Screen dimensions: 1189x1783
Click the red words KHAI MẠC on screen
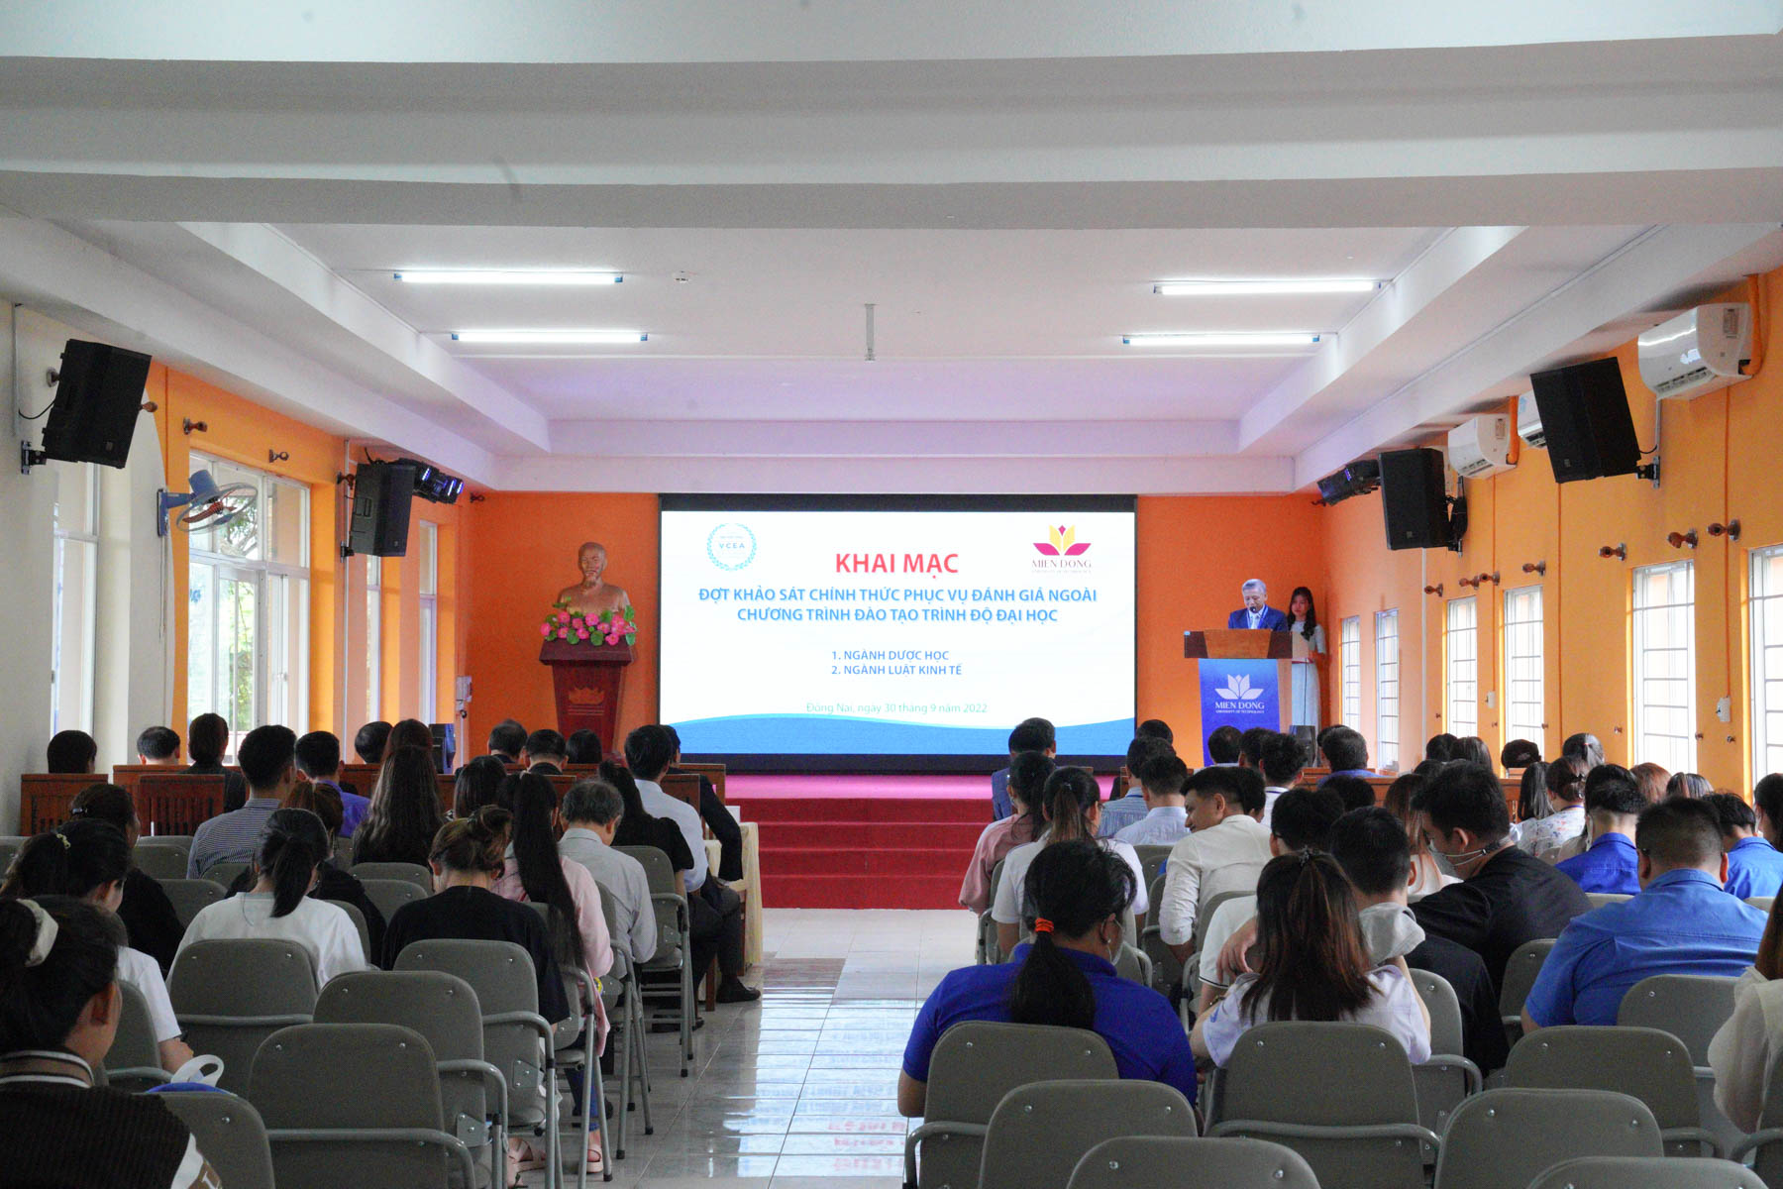[x=895, y=564]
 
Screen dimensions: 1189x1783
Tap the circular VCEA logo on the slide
[x=731, y=547]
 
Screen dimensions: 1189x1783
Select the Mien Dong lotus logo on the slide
[x=1061, y=543]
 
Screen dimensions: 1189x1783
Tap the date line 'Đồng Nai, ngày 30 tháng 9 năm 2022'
[x=895, y=707]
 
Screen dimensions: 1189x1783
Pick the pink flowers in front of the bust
[x=588, y=624]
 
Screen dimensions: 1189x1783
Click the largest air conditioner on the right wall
[x=1695, y=350]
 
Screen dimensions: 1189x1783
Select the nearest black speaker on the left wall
[x=95, y=402]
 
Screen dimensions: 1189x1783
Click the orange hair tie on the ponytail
[x=1043, y=925]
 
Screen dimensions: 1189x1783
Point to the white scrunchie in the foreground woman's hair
[x=39, y=932]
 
